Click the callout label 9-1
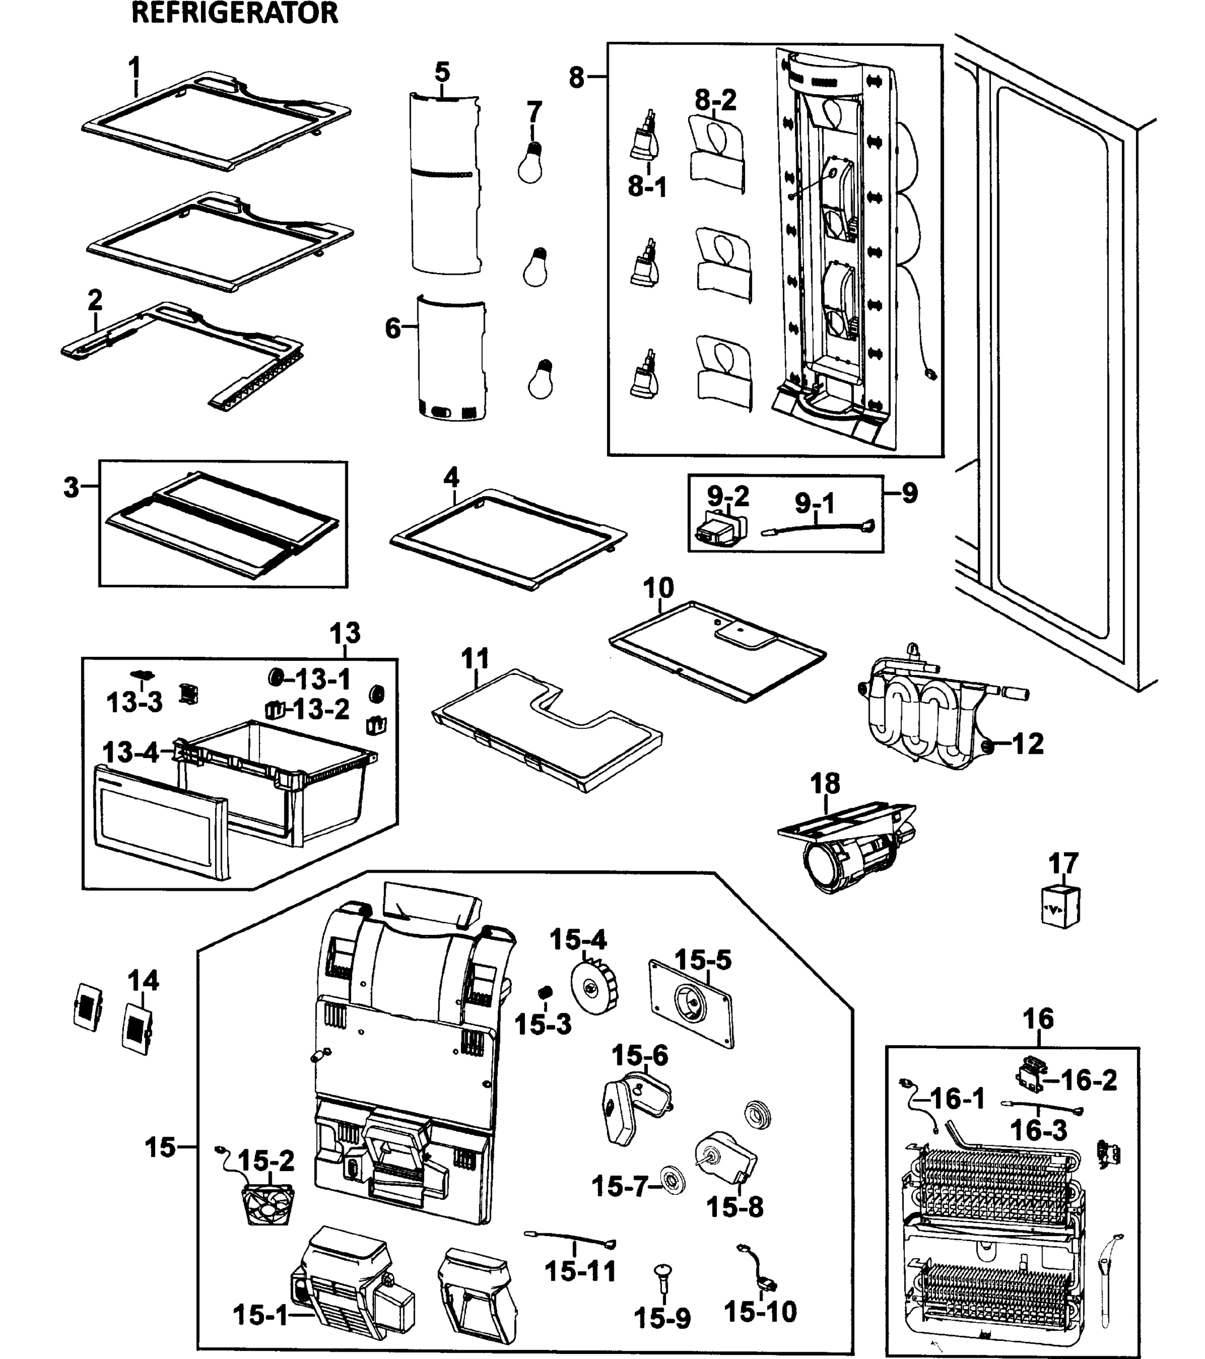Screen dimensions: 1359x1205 pyautogui.click(x=815, y=503)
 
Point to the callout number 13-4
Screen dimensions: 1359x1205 pyautogui.click(x=131, y=753)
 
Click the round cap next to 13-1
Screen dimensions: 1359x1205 pyautogui.click(x=275, y=678)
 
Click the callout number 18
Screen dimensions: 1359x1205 pyautogui.click(x=825, y=783)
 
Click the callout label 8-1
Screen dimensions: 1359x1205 pyautogui.click(x=647, y=187)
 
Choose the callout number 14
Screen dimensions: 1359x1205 pyautogui.click(x=144, y=980)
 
